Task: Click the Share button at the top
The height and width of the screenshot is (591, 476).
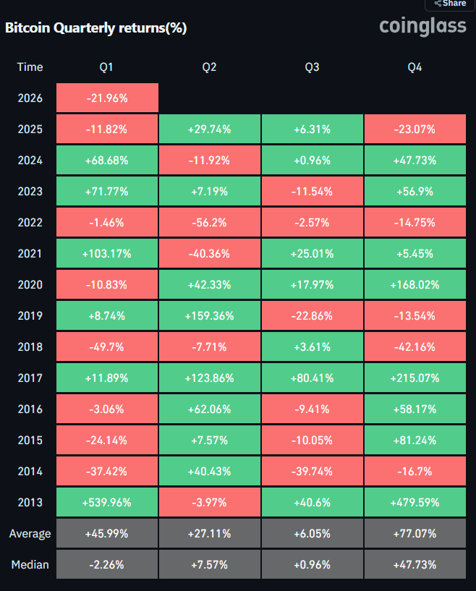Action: [x=450, y=4]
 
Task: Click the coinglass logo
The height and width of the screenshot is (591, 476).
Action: [x=423, y=27]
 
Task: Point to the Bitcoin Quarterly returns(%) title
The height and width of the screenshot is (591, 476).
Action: [x=96, y=28]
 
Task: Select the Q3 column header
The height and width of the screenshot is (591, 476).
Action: [x=313, y=67]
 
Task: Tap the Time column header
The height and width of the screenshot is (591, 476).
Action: [x=30, y=67]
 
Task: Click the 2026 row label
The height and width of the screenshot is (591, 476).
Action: [x=30, y=98]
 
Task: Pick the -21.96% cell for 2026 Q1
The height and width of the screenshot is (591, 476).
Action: [x=107, y=98]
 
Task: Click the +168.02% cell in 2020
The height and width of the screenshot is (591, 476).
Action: [x=415, y=285]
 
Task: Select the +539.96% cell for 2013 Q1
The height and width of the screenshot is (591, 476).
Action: [x=107, y=503]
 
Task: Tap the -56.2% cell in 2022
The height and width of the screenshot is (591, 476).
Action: [x=210, y=223]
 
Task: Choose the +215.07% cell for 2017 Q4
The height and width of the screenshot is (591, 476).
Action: [x=415, y=378]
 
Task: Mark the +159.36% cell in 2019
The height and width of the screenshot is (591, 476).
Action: [x=210, y=316]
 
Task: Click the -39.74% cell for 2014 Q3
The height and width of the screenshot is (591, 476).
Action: [x=313, y=472]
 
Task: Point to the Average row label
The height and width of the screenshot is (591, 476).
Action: [x=30, y=534]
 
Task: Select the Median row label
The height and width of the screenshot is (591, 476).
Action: [x=30, y=565]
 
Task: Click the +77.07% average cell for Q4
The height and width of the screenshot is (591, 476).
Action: [x=415, y=534]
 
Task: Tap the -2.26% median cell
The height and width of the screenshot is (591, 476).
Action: [x=107, y=565]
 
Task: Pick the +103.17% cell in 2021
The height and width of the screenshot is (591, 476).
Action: [x=107, y=254]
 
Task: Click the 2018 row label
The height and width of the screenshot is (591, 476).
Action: [x=30, y=347]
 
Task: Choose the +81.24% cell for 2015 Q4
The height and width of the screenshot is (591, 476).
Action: [x=415, y=441]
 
